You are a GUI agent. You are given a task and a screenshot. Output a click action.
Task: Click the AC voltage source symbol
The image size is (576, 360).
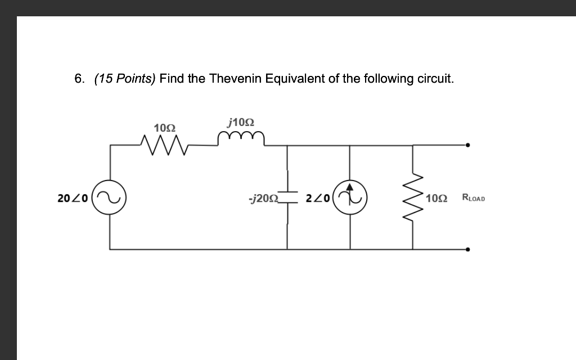(109, 197)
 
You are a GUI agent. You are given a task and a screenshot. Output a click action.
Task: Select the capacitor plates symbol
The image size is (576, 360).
(287, 197)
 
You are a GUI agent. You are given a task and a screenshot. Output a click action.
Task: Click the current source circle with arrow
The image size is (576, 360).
(350, 197)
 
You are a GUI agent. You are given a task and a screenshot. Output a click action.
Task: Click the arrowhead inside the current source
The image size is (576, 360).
(350, 188)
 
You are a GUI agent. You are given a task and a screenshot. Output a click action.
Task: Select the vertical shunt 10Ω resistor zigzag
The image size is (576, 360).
(415, 197)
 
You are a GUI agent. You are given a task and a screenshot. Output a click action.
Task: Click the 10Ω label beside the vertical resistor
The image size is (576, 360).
(437, 198)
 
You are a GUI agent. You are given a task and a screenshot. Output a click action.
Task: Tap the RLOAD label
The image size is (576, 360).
(473, 197)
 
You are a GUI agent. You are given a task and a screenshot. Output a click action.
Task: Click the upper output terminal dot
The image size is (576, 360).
(467, 145)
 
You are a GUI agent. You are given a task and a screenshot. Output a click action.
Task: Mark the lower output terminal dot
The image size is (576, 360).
(467, 249)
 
